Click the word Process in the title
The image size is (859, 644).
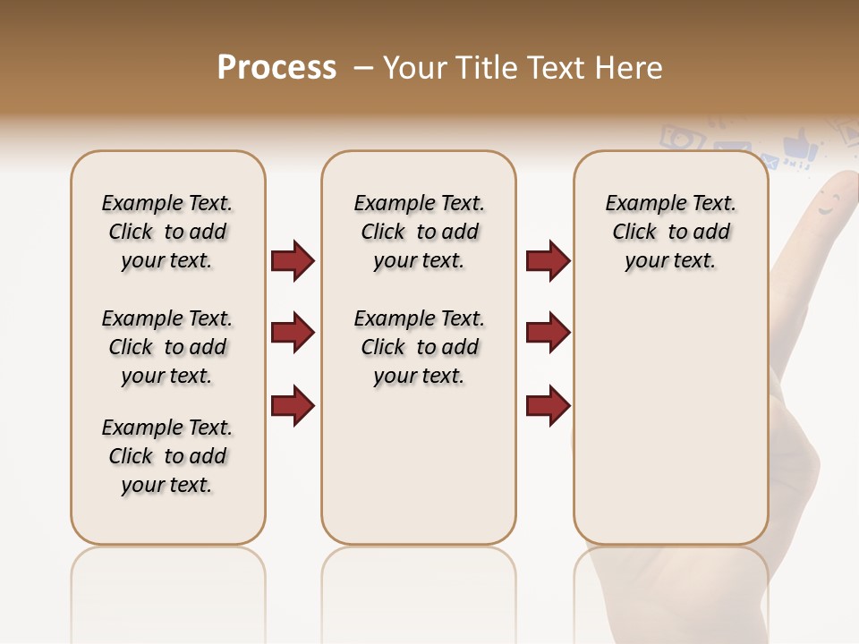276,68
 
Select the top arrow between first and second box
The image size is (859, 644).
293,260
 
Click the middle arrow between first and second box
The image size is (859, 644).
293,333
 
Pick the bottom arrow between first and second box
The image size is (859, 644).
293,406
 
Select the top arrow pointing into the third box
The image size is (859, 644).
548,260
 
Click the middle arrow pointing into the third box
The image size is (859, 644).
548,333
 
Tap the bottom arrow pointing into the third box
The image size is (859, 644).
548,406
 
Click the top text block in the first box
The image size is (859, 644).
167,232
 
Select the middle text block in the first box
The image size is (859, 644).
167,347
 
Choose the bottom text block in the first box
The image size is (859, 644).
167,456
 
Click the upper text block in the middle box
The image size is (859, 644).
419,232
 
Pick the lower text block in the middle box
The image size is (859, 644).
419,347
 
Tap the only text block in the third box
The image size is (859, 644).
670,232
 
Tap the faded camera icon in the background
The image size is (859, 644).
680,137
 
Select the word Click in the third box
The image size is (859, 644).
634,233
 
